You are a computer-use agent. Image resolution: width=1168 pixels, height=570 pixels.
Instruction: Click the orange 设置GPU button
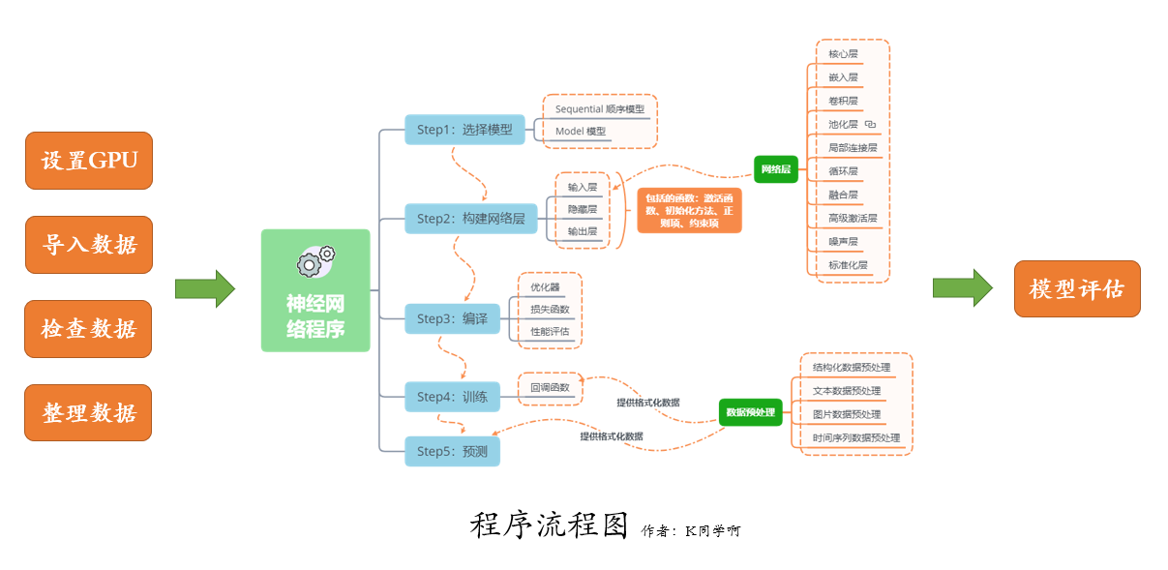tap(89, 161)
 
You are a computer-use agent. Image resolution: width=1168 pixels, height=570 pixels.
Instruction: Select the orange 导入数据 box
tap(89, 245)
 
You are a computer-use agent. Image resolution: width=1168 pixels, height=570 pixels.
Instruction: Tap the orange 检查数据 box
tap(89, 329)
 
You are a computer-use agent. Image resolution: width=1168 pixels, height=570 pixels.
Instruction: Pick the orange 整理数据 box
tap(89, 412)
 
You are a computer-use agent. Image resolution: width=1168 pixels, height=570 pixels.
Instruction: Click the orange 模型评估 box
tap(1077, 288)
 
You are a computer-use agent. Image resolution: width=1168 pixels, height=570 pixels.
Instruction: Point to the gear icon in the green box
tap(315, 259)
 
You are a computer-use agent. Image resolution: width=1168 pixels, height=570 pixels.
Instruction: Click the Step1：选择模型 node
tap(464, 130)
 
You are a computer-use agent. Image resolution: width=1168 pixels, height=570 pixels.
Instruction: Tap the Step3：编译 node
tap(452, 318)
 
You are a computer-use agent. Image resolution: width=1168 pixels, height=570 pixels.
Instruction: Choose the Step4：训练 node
tap(452, 397)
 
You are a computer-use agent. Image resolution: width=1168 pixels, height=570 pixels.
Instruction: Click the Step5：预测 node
tap(452, 451)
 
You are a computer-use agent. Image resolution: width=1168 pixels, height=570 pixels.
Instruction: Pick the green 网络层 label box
tap(776, 169)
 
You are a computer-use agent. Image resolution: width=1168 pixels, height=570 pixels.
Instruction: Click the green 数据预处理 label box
tap(750, 412)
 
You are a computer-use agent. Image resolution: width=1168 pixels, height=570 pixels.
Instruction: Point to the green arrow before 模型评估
tap(962, 288)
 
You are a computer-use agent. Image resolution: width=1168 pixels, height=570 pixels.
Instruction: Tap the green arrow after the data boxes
tap(204, 288)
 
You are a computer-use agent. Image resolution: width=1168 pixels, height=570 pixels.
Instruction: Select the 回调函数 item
tap(550, 388)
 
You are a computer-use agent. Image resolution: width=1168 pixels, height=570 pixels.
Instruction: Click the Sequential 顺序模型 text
tap(599, 109)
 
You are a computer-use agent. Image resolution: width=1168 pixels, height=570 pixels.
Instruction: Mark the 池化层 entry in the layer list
tap(843, 124)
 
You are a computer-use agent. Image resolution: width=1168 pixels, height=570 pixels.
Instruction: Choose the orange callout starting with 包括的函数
tap(689, 211)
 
